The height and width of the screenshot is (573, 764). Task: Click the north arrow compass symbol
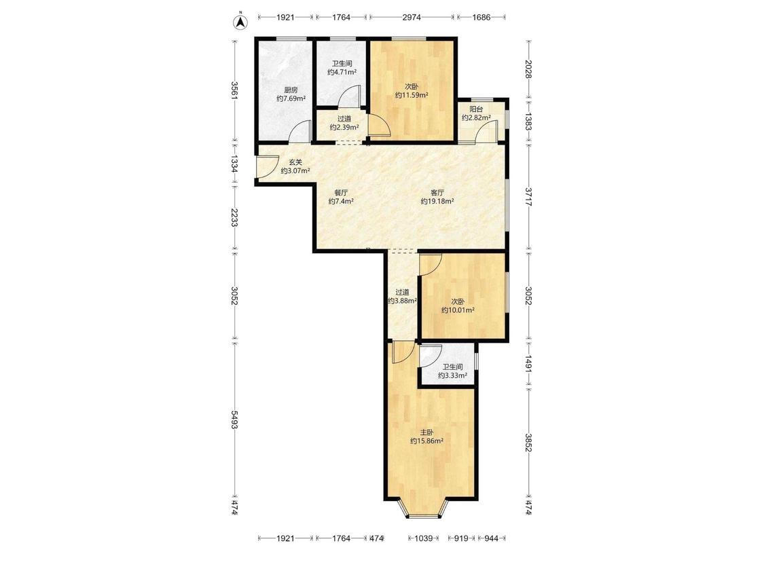[240, 22]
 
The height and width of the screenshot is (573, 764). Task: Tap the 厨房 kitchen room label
[291, 90]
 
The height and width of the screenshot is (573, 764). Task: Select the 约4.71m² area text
[342, 72]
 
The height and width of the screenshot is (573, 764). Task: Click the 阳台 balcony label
[476, 109]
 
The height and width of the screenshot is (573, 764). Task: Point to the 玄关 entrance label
[295, 162]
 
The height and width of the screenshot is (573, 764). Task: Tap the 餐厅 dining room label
[341, 192]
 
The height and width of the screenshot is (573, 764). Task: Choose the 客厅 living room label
[437, 192]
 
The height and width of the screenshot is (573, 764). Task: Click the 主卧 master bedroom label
[427, 432]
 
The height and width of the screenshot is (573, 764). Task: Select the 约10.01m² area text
[458, 310]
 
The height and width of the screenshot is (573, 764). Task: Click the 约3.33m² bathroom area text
[453, 375]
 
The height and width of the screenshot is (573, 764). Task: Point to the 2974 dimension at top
[412, 18]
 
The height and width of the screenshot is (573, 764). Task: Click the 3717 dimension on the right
[528, 196]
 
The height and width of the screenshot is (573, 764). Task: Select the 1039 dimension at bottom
[423, 538]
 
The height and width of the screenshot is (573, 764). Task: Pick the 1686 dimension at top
[481, 18]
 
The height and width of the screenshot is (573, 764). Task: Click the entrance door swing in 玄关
[269, 166]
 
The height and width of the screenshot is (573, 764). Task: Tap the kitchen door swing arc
[300, 130]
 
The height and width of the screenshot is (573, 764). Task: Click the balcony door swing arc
[487, 130]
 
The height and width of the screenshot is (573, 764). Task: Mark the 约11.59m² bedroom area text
[412, 96]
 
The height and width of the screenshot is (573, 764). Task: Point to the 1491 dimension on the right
[528, 364]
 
